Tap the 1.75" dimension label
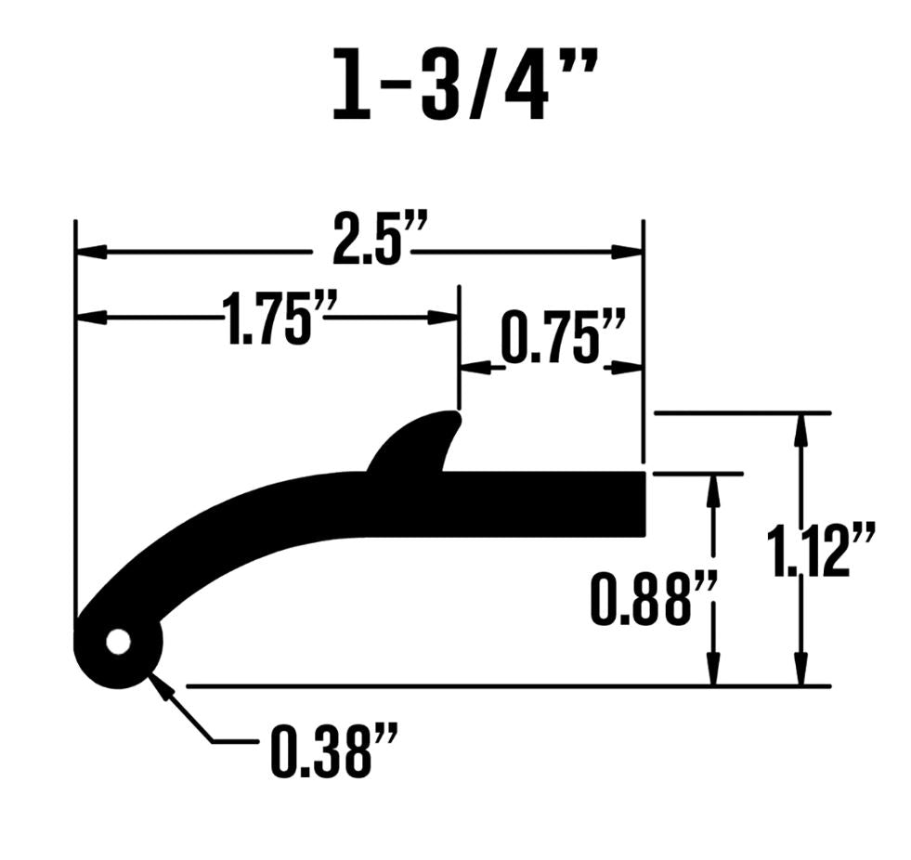(267, 319)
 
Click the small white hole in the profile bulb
(118, 642)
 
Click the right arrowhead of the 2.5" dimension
(628, 252)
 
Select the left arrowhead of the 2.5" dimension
(91, 252)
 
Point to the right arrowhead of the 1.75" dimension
(444, 318)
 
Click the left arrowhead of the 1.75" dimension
(91, 318)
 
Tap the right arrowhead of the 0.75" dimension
(627, 368)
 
